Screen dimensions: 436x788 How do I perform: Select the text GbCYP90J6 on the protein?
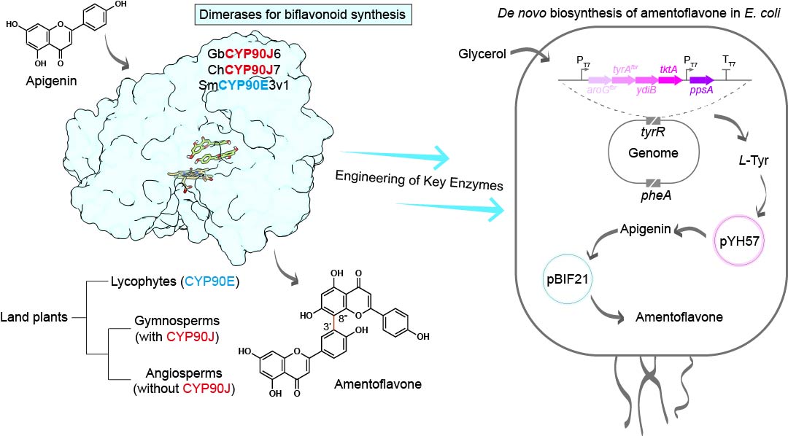(x=238, y=52)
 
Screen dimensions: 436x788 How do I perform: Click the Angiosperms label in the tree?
(x=173, y=375)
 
